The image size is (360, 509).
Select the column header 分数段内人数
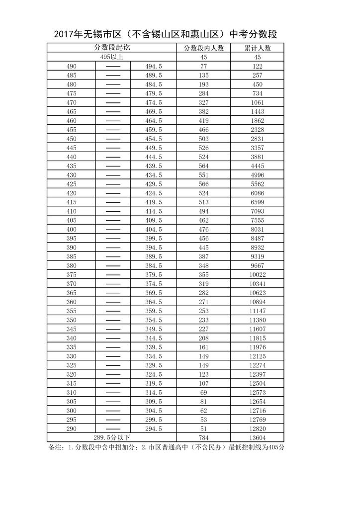click(204, 48)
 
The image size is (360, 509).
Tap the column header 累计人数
click(257, 48)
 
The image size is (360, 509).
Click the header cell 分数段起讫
click(112, 48)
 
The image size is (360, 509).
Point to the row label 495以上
click(112, 57)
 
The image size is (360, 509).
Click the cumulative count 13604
click(257, 437)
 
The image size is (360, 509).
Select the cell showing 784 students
click(204, 437)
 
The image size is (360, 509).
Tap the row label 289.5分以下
click(112, 437)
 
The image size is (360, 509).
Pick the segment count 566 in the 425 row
click(204, 184)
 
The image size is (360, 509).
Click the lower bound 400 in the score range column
click(72, 229)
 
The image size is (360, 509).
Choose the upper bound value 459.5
click(154, 129)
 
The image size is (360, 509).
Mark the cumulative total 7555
click(257, 220)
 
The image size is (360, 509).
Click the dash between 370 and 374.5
click(113, 283)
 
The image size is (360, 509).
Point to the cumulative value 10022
click(257, 274)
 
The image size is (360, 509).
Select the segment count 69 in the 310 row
click(204, 392)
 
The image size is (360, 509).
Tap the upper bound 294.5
click(154, 428)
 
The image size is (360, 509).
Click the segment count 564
click(204, 166)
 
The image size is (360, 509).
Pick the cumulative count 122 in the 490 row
click(257, 66)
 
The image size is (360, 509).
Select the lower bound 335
click(72, 347)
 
